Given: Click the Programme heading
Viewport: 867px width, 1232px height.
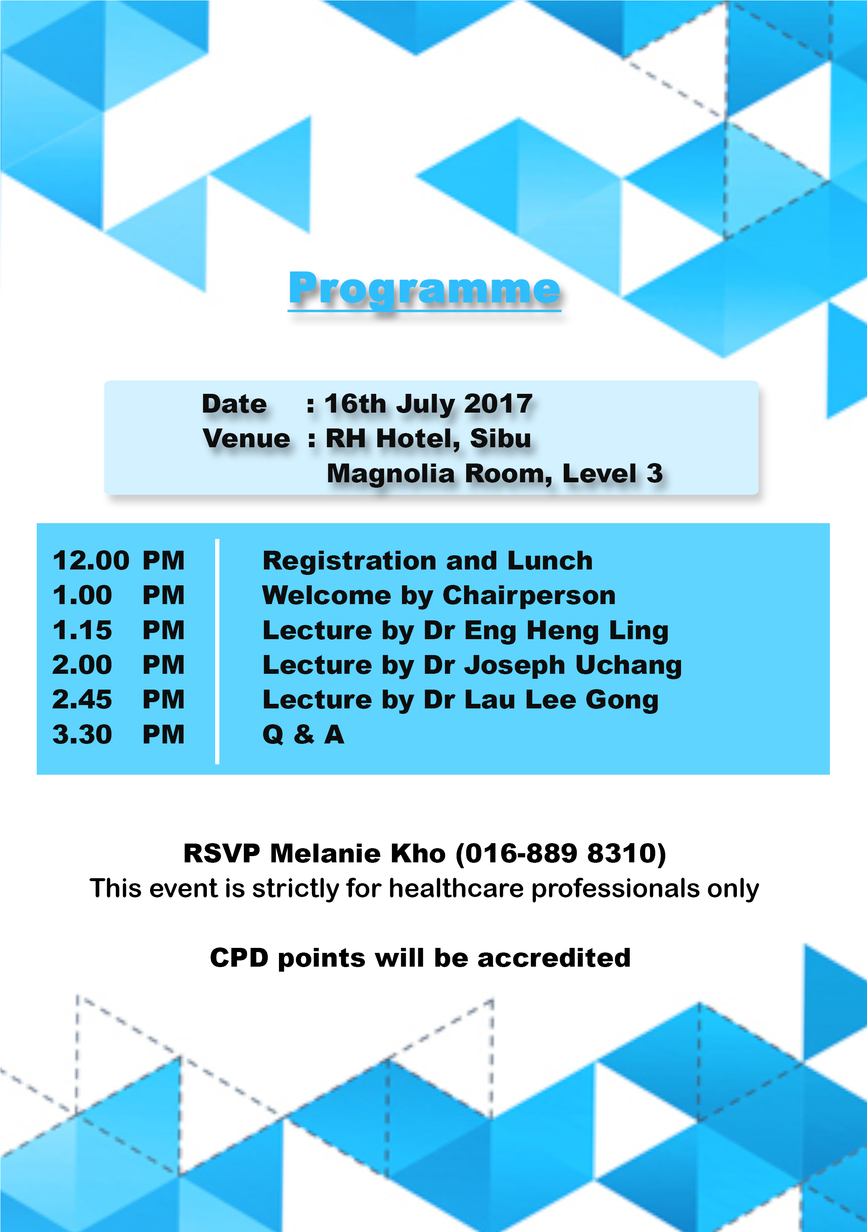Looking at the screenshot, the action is [x=425, y=290].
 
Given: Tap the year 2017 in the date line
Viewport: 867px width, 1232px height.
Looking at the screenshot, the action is [x=498, y=404].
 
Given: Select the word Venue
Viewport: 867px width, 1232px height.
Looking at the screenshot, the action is [x=246, y=438].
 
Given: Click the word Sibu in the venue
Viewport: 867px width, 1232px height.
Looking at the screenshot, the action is [x=500, y=438].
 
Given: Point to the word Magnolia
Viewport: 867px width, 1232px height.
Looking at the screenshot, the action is [x=391, y=474].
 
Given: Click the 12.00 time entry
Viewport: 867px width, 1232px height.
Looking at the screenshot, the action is [x=90, y=561].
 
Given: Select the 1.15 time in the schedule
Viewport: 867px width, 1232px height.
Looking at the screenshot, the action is [x=82, y=630].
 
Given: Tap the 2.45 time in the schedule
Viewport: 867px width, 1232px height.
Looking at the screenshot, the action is [x=82, y=700].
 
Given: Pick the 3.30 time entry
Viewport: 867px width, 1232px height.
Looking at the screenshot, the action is [x=82, y=735].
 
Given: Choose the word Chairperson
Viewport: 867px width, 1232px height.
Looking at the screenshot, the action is [x=529, y=596].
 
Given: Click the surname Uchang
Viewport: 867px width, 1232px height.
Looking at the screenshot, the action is [x=628, y=666].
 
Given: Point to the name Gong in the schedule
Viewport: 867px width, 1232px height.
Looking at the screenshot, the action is [x=622, y=700].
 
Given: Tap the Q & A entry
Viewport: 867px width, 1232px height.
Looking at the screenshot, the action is [x=303, y=735].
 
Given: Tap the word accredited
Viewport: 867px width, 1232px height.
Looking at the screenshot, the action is [x=554, y=958].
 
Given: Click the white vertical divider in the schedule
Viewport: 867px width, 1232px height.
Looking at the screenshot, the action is [x=217, y=651].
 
